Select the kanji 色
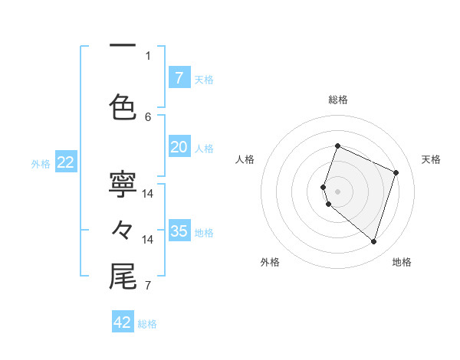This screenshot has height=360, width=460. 123,106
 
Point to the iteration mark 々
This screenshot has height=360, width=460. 123,229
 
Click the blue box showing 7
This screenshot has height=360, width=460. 179,77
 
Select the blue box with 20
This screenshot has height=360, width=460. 179,147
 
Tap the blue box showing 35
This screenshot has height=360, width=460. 179,231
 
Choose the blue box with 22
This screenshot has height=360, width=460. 66,162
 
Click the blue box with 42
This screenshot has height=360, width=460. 123,322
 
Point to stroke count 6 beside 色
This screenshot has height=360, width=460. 148,117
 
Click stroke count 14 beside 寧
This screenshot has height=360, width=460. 148,194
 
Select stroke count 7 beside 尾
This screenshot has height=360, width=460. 148,286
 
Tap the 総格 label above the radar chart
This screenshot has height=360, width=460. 338,100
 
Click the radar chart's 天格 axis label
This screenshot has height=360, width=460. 431,159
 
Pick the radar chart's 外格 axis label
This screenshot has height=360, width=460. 270,262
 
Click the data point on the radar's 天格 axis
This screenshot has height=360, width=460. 396,172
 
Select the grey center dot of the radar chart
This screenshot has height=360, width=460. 338,191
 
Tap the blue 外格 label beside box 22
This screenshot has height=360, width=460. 41,163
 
